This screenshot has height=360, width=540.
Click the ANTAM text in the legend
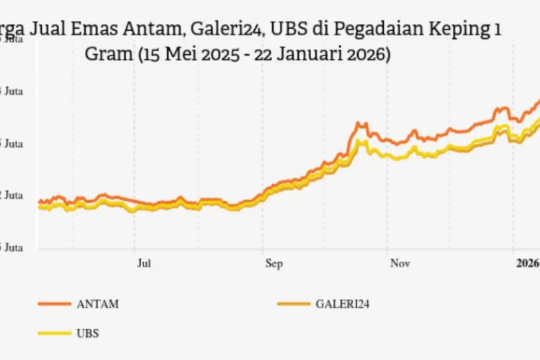click(x=97, y=304)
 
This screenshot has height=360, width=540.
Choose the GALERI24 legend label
click(x=343, y=304)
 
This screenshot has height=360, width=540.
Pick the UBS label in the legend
click(x=87, y=333)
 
